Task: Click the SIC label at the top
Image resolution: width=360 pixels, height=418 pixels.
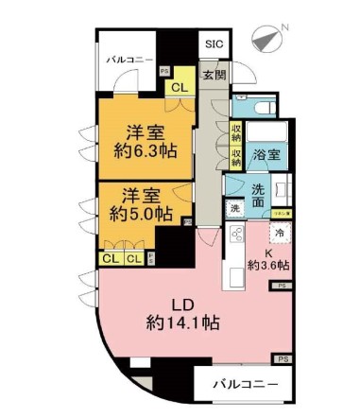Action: pos(213,44)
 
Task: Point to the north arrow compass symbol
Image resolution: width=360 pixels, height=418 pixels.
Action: pos(266,39)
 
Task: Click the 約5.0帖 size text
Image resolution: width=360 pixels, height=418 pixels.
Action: pos(141,214)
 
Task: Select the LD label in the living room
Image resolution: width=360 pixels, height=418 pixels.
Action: pos(180,304)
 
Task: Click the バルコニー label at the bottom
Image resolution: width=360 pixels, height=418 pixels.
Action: pos(244,385)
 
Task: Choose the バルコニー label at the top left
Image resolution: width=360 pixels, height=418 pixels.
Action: pos(129,59)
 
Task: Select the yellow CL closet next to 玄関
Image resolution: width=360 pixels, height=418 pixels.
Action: pos(178,88)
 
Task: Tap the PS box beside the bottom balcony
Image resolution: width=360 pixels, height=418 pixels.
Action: pos(282,358)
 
